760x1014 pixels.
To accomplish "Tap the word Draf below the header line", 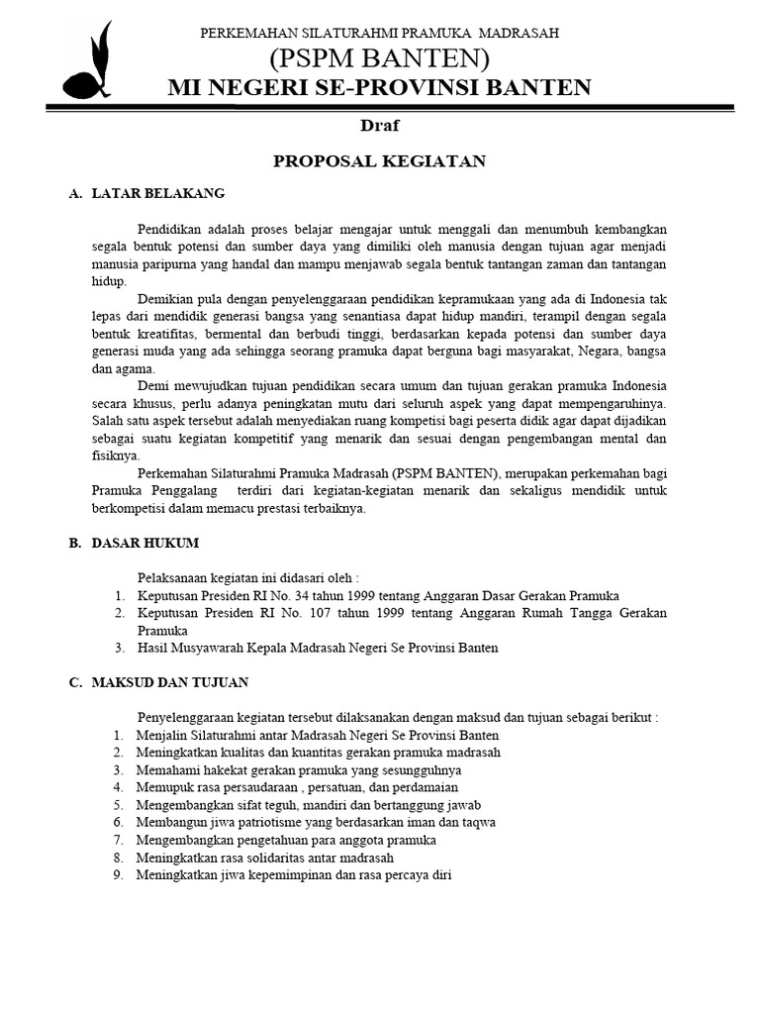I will pyautogui.click(x=380, y=126).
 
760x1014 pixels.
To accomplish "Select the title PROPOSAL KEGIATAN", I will pyautogui.click(x=380, y=160).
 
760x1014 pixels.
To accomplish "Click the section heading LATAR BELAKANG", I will pyautogui.click(x=158, y=193).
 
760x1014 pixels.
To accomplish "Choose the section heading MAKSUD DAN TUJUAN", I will pyautogui.click(x=170, y=682).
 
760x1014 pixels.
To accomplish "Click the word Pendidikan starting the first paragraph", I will pyautogui.click(x=171, y=229).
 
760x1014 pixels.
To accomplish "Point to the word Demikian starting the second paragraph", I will pyautogui.click(x=165, y=298).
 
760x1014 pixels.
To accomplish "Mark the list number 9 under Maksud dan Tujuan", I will pyautogui.click(x=117, y=875).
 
